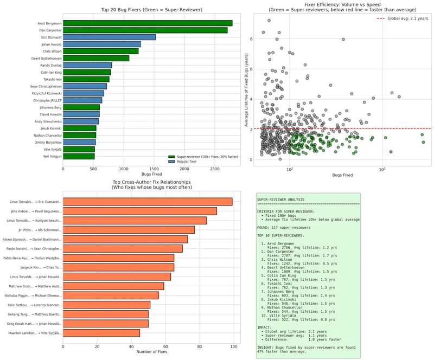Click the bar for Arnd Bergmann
point(148,23)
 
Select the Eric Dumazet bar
point(109,37)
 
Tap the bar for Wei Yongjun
point(79,156)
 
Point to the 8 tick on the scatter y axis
point(251,39)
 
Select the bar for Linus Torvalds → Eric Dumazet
point(148,202)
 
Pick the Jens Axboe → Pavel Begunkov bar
point(140,211)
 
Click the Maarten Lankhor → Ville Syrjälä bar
point(101,333)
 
